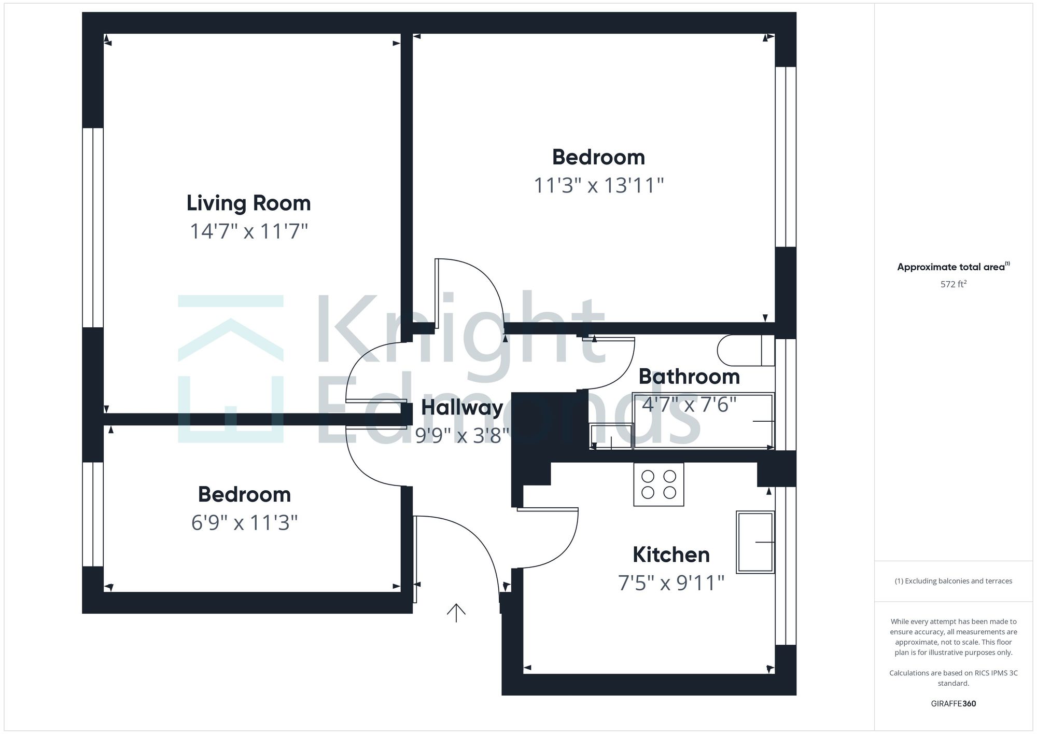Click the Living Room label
[248, 203]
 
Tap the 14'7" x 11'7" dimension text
[249, 231]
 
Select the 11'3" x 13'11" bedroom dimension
[599, 186]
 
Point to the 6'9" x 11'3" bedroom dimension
[244, 523]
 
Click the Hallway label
[461, 408]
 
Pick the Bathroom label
[689, 377]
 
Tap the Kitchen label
[671, 555]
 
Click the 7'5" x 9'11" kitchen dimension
[671, 583]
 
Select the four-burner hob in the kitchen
[658, 484]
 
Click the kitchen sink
[755, 542]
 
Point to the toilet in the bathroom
[745, 351]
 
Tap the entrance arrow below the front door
[456, 613]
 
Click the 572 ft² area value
[953, 284]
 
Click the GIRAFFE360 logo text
[953, 704]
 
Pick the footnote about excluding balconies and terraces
[953, 581]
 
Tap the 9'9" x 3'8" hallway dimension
[461, 436]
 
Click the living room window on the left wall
[93, 228]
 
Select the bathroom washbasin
[612, 436]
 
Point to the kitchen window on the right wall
[785, 565]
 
